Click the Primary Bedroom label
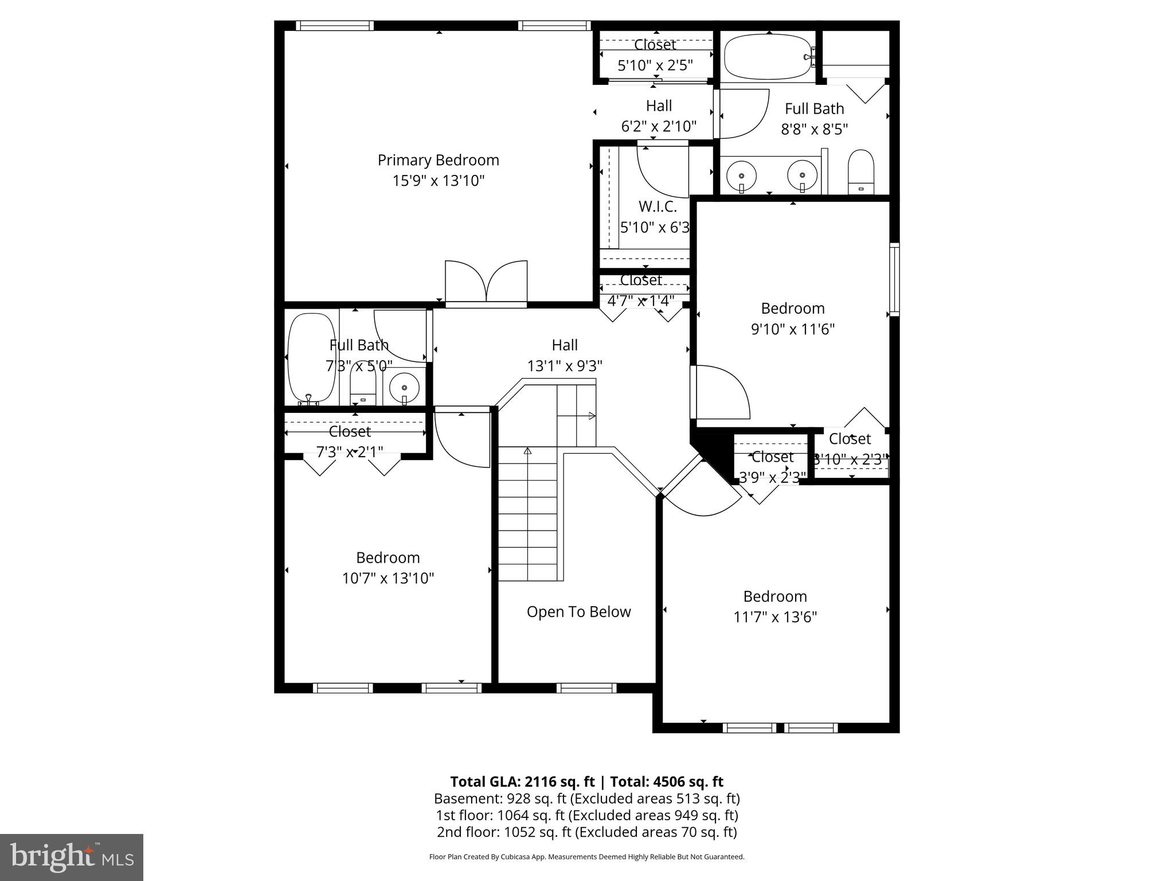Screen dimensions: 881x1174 click(438, 160)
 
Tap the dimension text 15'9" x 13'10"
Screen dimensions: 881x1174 click(438, 181)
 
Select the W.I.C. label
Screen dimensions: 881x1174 click(658, 206)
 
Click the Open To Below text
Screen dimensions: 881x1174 click(578, 612)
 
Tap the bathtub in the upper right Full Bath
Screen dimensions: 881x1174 click(767, 57)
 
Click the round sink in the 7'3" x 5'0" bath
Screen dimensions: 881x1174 click(404, 388)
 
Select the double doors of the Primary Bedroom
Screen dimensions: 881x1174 click(486, 282)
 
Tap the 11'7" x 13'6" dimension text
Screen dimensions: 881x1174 click(775, 617)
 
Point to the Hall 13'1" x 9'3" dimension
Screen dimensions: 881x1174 click(565, 366)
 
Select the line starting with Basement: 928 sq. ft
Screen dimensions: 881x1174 click(586, 798)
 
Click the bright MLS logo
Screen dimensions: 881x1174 click(72, 857)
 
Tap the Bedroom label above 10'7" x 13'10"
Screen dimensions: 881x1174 click(388, 558)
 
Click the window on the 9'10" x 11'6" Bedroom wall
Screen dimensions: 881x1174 click(894, 279)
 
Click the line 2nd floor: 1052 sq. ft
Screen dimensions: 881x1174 click(586, 832)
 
